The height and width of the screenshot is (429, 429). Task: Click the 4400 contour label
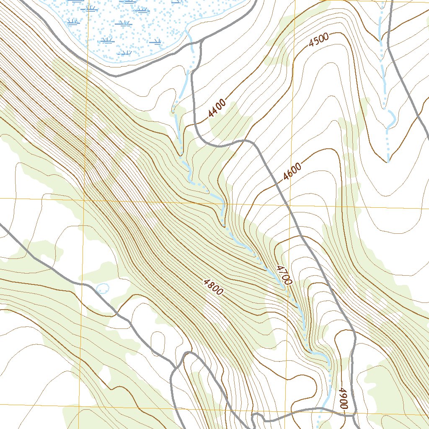[x=217, y=109]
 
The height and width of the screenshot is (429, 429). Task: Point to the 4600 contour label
[x=292, y=171]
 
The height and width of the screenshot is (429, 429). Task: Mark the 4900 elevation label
[x=344, y=398]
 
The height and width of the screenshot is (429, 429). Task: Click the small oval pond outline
[x=102, y=288]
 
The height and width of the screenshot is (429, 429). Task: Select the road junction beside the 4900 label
[x=354, y=413]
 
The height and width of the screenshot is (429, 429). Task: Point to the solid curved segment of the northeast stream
[x=391, y=119]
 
